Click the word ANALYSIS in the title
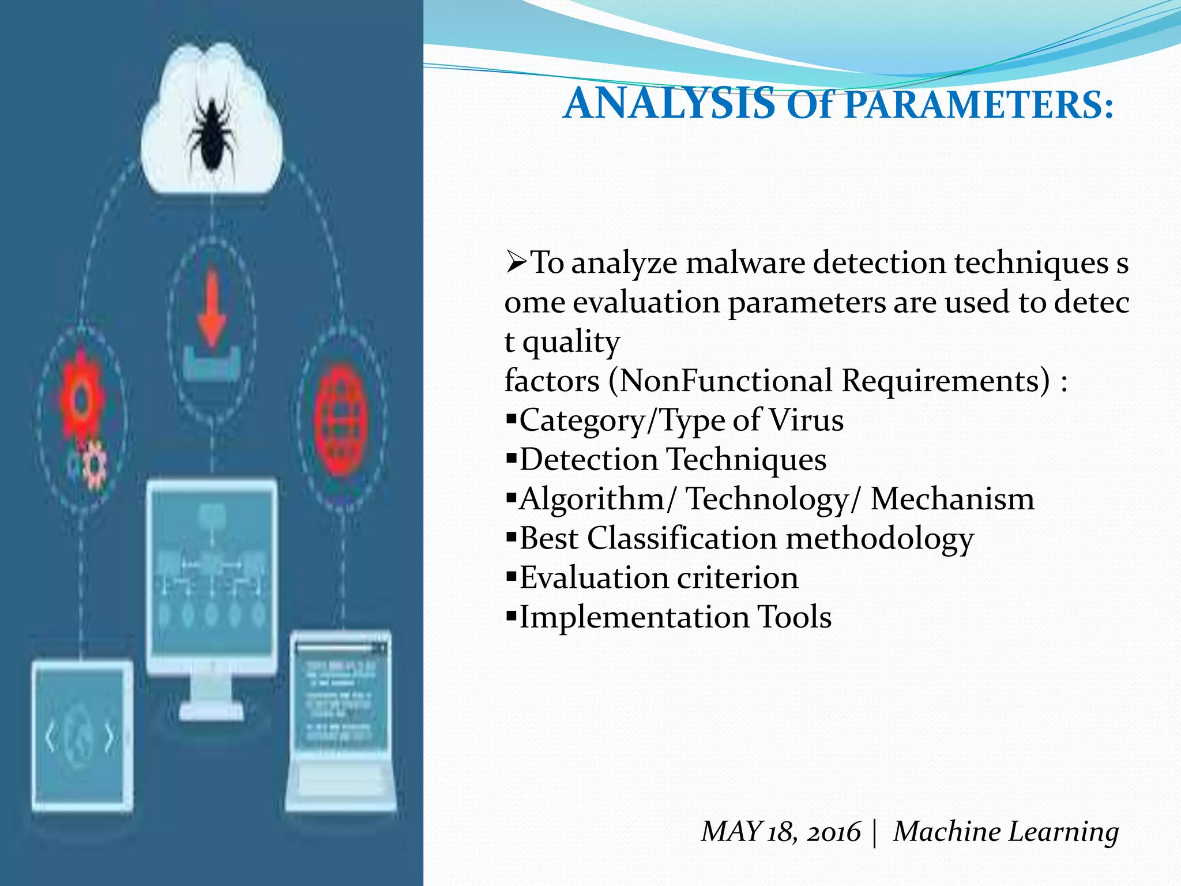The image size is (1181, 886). coord(669,104)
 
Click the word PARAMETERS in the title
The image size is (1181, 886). coord(978,105)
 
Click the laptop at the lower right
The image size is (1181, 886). coord(340,721)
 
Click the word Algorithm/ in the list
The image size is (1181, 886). coord(597,500)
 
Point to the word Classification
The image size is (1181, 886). coord(682,539)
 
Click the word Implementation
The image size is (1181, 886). coord(634,617)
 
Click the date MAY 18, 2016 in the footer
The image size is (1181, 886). coord(780,832)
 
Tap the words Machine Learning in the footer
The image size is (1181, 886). coord(1006,832)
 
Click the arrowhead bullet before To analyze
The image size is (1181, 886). coord(516,263)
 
